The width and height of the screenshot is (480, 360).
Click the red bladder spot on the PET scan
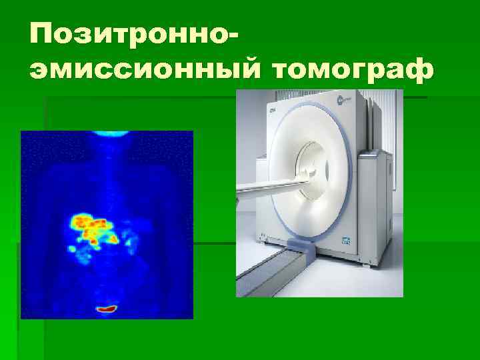[x=107, y=309]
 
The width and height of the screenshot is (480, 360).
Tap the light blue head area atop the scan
[x=107, y=134]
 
